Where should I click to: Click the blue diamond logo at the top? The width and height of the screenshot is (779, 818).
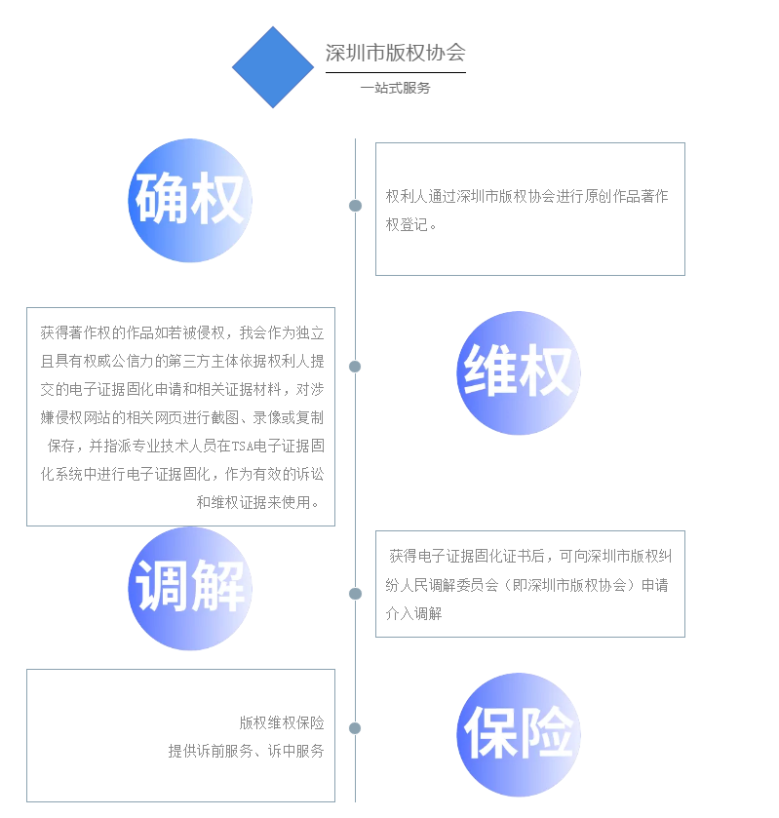(x=273, y=67)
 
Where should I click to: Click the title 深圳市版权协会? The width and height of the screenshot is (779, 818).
(x=396, y=53)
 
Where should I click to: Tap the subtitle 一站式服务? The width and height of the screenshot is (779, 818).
(x=396, y=88)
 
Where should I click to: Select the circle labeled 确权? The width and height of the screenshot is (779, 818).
(x=190, y=200)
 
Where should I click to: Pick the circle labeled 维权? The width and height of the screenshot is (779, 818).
(x=519, y=373)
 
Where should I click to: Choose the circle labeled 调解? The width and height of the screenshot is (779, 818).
(x=190, y=589)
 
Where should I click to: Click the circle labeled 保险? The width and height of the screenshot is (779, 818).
(x=519, y=734)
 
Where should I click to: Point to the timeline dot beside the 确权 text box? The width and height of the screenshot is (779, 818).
(x=355, y=206)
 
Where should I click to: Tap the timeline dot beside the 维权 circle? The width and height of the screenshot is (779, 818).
(x=355, y=367)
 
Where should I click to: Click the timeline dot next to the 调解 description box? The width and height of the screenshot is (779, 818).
(x=355, y=594)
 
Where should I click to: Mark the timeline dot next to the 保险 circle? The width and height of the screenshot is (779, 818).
(x=355, y=728)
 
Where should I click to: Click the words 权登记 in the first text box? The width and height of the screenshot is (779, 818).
(x=407, y=225)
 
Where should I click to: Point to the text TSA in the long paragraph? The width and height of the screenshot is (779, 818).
(x=242, y=447)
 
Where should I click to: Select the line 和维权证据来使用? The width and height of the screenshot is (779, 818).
(x=253, y=502)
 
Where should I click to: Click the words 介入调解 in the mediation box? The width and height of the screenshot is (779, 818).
(x=413, y=613)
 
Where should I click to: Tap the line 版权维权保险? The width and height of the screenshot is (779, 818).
(x=282, y=722)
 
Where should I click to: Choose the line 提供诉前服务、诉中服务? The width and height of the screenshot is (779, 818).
(x=247, y=751)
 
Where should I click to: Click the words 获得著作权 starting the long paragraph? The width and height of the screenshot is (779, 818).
(x=76, y=332)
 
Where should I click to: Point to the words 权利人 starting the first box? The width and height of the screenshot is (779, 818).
(x=407, y=196)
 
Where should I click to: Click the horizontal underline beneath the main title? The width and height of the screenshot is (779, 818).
(x=396, y=72)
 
